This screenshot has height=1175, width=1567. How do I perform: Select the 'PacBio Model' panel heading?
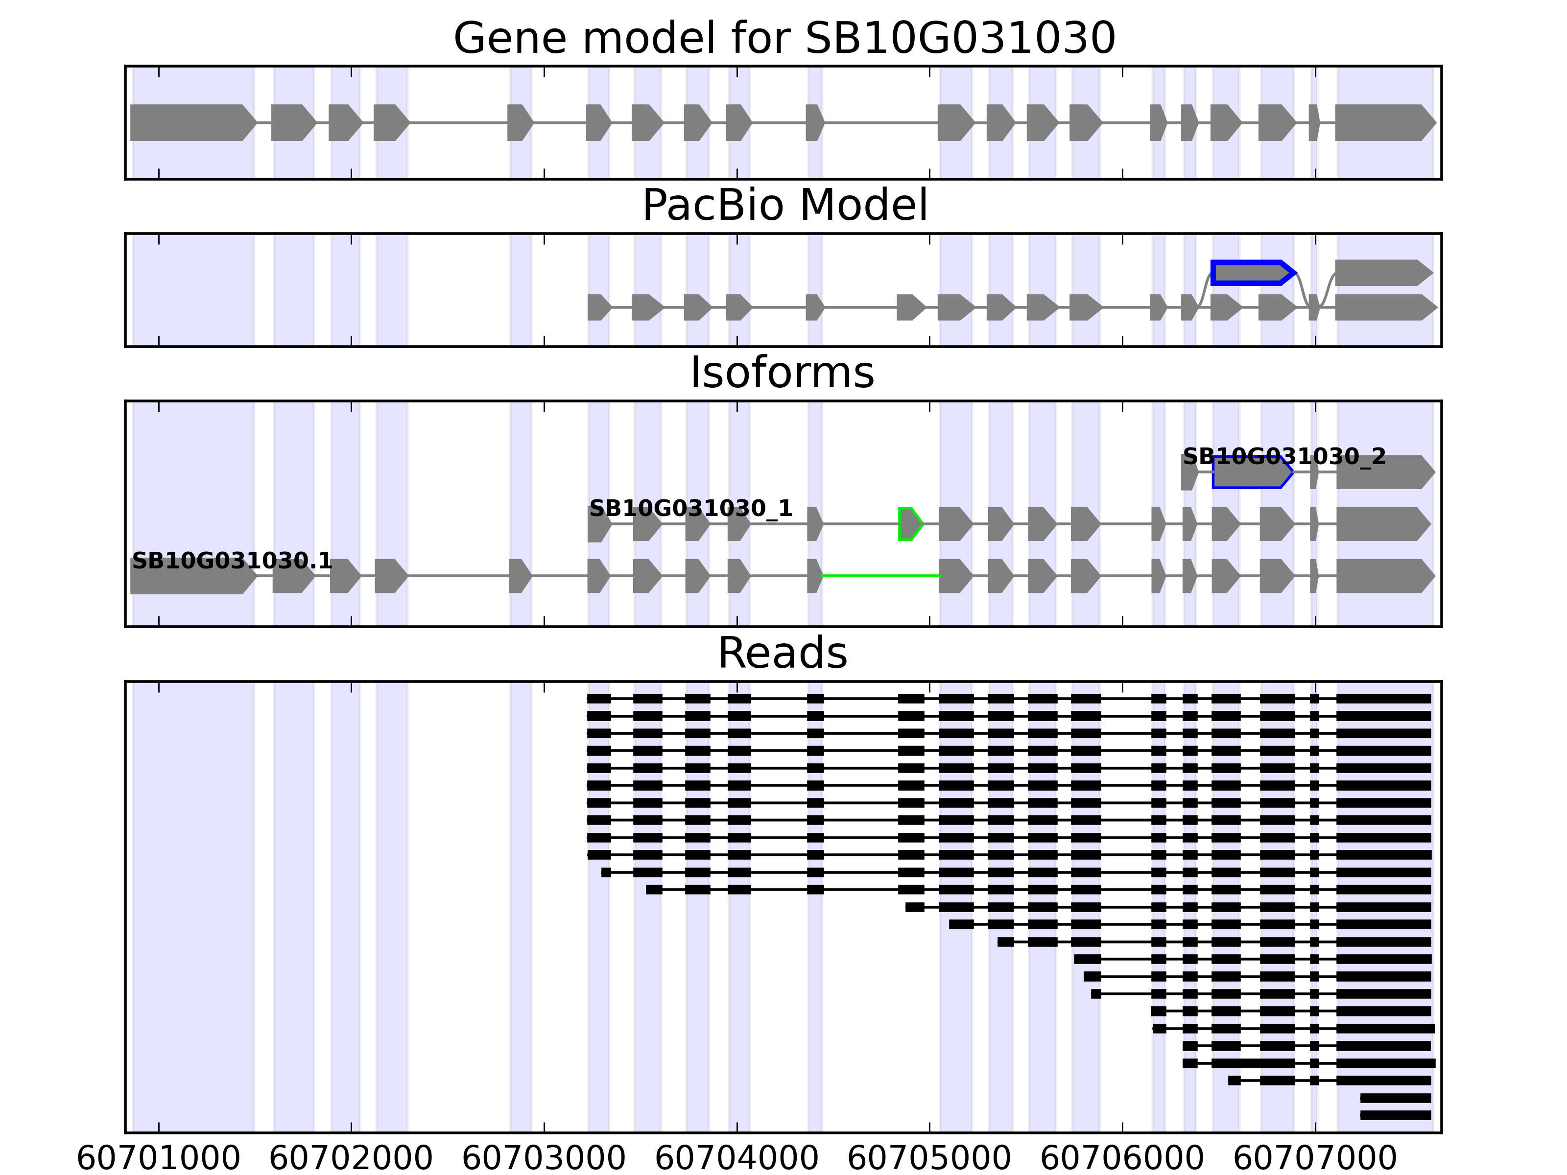[x=783, y=206]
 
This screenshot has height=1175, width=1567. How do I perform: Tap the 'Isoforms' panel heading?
[x=782, y=373]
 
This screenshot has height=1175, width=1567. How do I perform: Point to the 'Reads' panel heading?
[x=782, y=653]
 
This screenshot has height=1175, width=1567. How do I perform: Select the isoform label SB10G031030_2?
[x=1283, y=457]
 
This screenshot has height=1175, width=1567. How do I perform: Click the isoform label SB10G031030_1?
[x=690, y=509]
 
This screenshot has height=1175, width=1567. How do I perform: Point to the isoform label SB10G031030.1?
[x=232, y=561]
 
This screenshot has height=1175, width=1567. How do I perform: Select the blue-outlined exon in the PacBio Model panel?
[x=1252, y=273]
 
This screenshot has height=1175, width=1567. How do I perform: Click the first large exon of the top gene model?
[x=192, y=122]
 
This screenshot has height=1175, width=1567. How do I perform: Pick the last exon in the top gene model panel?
[x=1383, y=122]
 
